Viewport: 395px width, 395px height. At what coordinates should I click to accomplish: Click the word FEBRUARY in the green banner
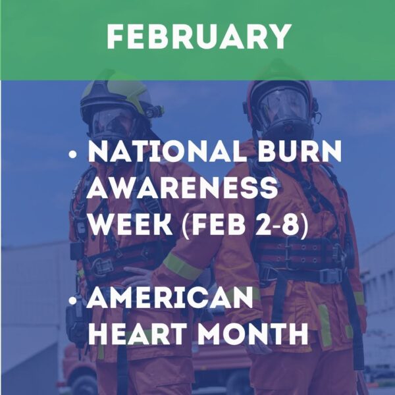pos(198,37)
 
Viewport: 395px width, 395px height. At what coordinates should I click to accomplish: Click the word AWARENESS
pos(182,191)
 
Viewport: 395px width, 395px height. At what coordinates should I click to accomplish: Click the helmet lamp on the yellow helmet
pos(155,111)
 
